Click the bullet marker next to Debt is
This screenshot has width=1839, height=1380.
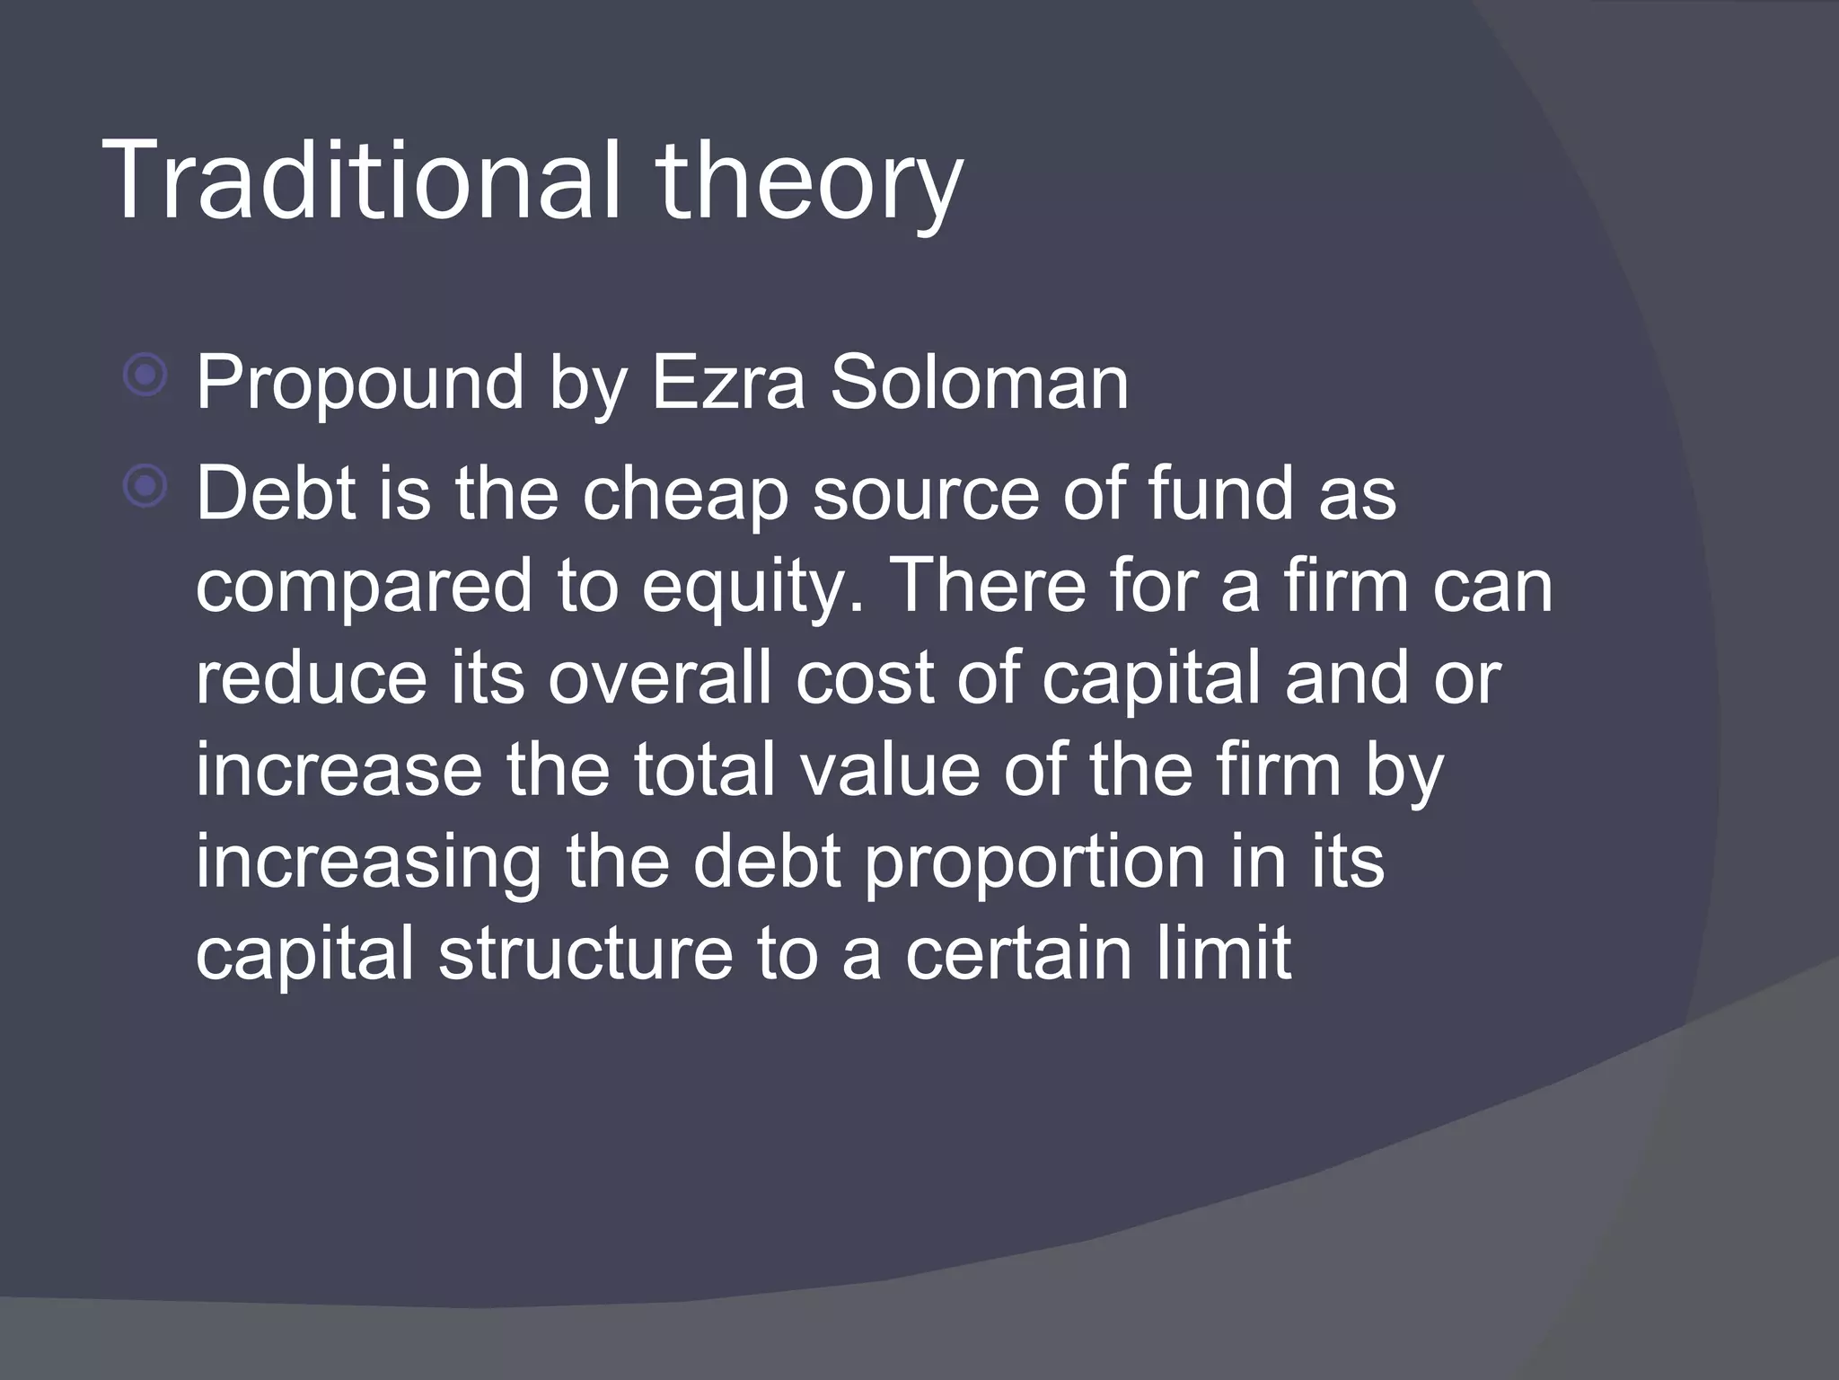click(x=145, y=486)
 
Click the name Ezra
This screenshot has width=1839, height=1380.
click(x=728, y=383)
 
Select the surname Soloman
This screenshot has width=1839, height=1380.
click(x=979, y=383)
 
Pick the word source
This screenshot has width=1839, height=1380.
click(x=926, y=494)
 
